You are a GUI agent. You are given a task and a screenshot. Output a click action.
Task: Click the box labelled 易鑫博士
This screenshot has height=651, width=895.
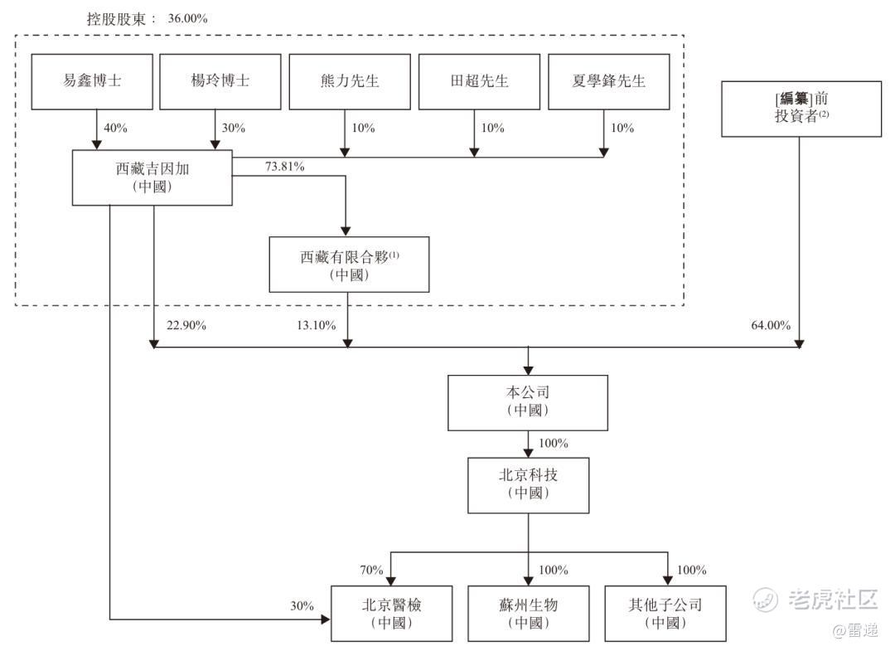click(92, 81)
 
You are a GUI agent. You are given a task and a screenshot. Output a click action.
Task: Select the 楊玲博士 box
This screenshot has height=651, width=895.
click(220, 81)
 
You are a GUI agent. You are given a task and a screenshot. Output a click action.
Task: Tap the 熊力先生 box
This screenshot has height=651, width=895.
click(349, 81)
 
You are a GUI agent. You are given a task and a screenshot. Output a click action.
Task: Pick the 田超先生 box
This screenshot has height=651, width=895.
click(479, 81)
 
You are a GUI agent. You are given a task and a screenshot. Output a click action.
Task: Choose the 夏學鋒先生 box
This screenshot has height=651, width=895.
click(608, 81)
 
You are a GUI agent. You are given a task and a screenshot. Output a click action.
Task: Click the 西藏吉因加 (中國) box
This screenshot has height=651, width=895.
click(152, 177)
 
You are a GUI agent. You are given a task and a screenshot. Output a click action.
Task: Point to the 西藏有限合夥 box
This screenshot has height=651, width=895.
click(349, 265)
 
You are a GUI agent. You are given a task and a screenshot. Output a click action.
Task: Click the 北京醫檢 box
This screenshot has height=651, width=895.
click(392, 613)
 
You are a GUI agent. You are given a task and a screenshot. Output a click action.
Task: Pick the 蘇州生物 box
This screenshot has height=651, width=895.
click(529, 613)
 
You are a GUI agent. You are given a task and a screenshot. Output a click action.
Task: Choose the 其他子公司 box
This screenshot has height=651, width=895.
click(665, 613)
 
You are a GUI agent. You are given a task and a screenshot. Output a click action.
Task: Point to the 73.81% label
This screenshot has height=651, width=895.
click(284, 167)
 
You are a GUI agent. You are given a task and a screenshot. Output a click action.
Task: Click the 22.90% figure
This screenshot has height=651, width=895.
click(186, 325)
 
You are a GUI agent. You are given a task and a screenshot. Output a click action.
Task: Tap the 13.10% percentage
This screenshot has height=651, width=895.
click(315, 325)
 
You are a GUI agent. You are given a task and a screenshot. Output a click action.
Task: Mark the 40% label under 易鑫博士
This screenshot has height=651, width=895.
click(115, 129)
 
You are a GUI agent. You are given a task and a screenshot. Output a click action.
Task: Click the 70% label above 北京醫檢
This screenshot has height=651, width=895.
click(371, 570)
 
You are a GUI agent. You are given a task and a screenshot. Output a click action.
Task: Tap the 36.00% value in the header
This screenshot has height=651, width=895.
click(186, 18)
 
